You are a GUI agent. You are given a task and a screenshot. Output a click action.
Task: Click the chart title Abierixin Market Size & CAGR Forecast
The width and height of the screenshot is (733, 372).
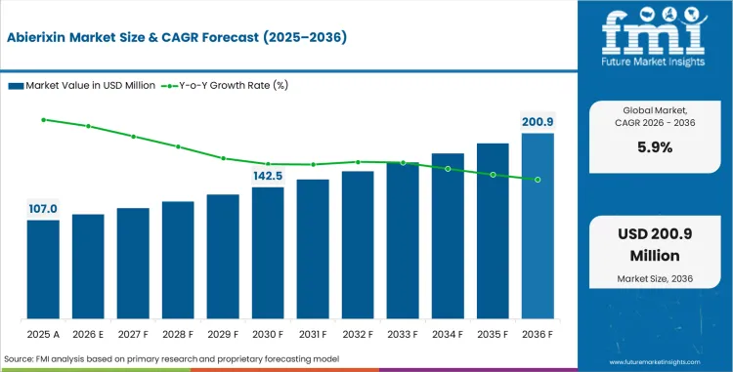click(175, 39)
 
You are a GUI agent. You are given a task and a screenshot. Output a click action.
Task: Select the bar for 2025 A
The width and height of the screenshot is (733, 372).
click(43, 269)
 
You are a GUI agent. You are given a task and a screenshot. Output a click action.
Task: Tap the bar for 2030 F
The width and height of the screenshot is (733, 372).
click(268, 253)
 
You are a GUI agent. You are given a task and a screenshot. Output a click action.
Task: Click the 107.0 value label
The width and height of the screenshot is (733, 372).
click(43, 209)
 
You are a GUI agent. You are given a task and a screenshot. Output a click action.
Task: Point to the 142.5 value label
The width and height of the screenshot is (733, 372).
click(268, 176)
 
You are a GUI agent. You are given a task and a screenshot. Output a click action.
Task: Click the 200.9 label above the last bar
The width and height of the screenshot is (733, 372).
click(538, 122)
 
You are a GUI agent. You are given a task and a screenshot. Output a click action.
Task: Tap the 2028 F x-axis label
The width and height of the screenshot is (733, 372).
click(178, 334)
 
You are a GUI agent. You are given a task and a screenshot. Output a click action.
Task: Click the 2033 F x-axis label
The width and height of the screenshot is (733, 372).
click(403, 334)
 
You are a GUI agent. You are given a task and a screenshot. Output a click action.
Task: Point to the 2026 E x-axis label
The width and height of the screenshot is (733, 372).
click(88, 334)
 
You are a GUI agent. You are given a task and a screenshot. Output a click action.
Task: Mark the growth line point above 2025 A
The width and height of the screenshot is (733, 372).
click(43, 119)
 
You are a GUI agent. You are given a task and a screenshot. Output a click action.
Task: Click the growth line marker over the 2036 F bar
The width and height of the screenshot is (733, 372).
click(538, 180)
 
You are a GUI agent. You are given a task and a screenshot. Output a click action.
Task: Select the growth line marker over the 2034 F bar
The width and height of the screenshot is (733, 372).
click(448, 169)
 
